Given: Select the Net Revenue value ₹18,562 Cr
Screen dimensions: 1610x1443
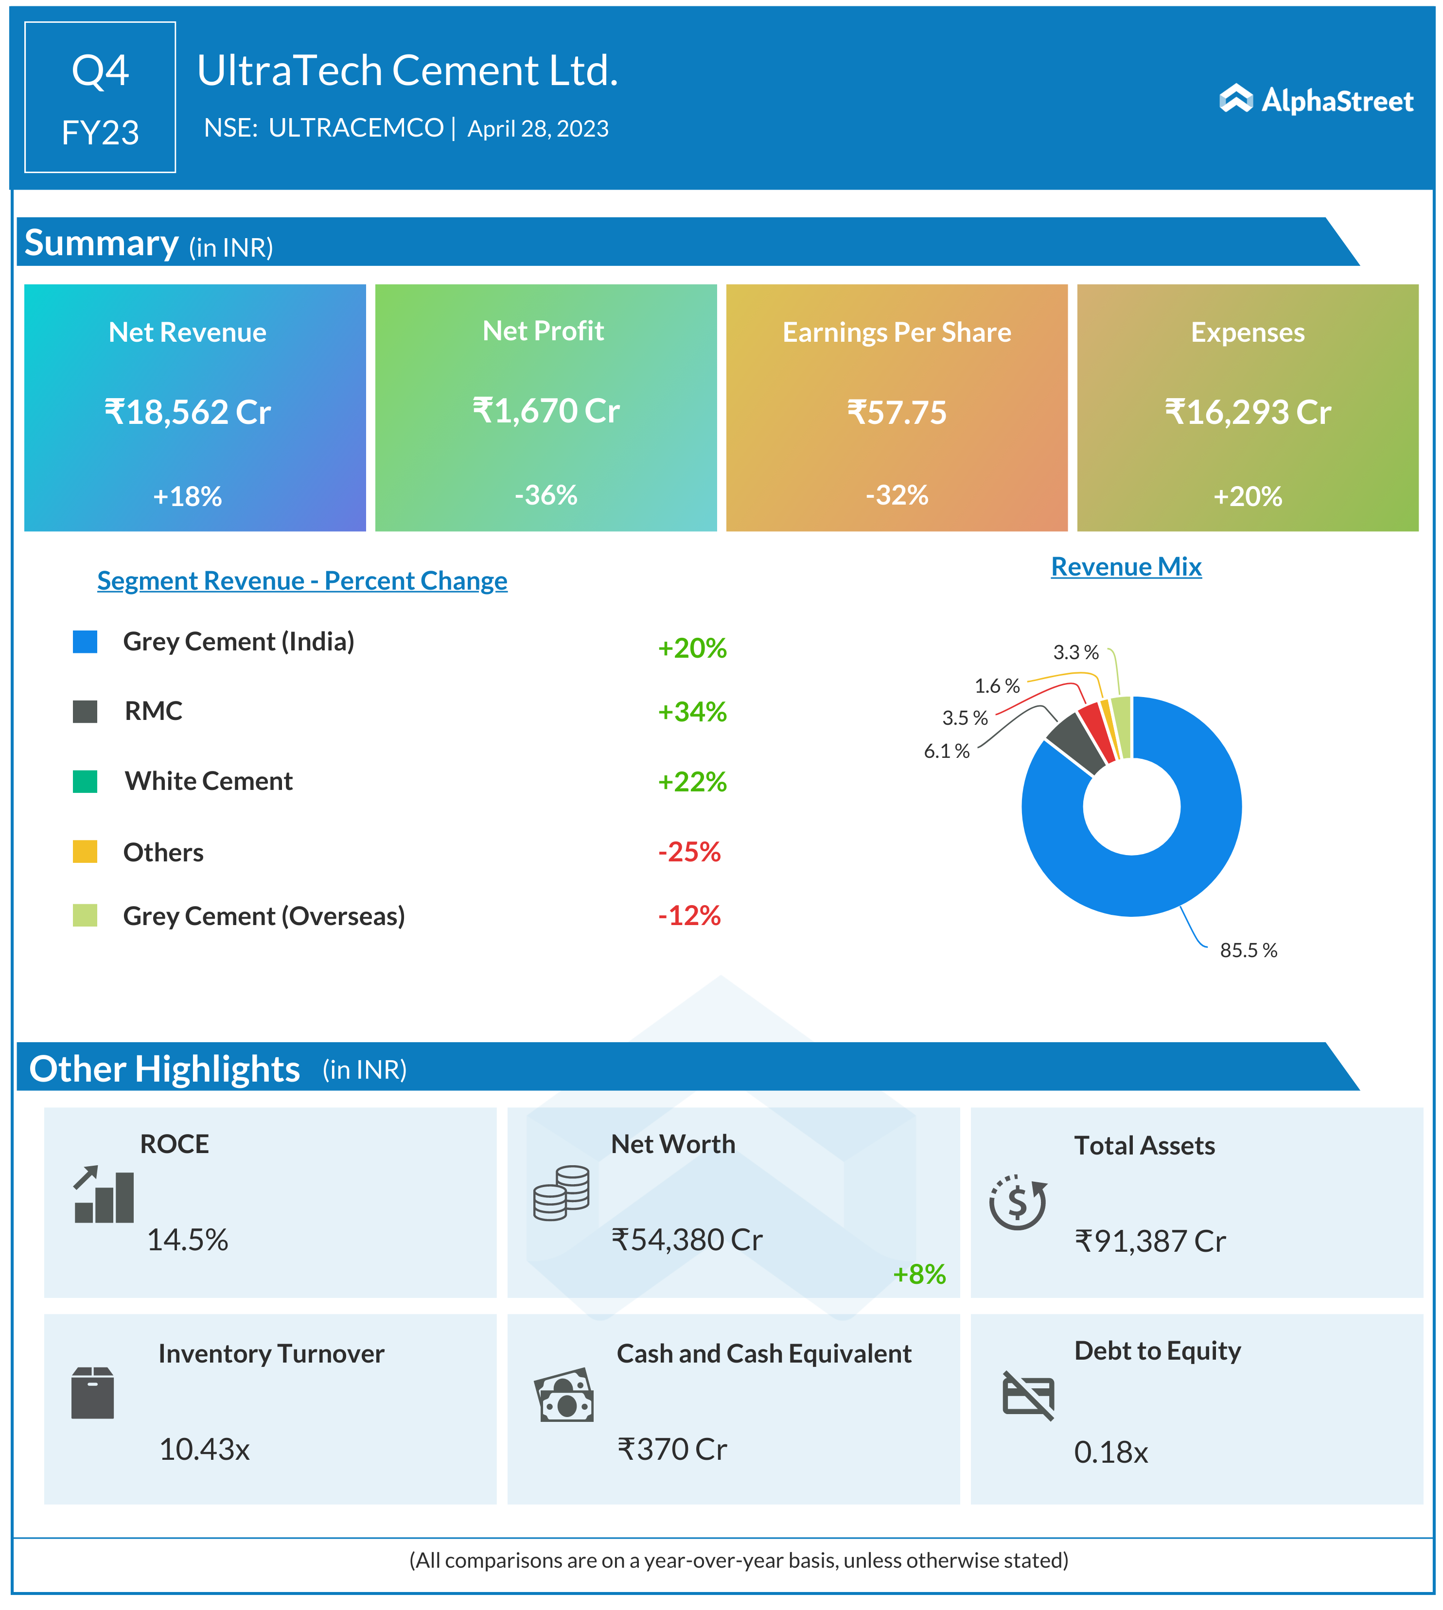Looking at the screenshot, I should point(188,412).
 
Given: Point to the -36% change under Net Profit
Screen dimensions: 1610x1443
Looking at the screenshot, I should point(546,495).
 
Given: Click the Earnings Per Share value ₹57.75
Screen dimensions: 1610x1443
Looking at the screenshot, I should point(897,412).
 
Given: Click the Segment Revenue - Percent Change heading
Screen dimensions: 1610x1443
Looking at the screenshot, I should point(302,581).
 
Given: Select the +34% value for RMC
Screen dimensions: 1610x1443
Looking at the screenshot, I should point(692,712).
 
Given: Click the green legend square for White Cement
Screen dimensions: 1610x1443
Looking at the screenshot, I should point(85,782).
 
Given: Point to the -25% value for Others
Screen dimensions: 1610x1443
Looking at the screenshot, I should point(689,852).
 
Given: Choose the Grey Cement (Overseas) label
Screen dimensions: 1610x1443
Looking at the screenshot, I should point(264,916).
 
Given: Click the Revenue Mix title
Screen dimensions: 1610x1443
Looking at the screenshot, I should point(1126,567).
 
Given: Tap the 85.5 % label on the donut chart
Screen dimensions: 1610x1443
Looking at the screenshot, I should point(1248,950).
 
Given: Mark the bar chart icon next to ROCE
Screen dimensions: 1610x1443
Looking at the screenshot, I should point(104,1195).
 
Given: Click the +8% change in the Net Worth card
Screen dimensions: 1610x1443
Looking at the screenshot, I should point(919,1275).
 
